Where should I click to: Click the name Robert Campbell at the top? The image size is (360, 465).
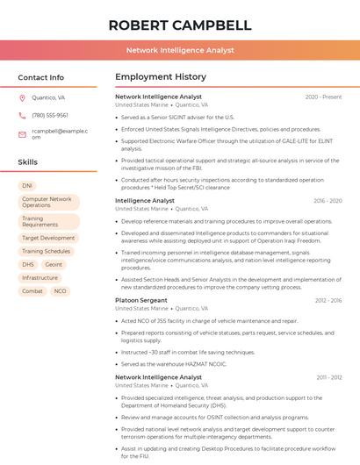tap(179, 25)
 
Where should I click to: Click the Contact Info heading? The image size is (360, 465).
tap(40, 77)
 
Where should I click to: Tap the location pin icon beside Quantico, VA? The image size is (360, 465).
tap(22, 97)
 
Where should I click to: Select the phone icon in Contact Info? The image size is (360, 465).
tap(22, 115)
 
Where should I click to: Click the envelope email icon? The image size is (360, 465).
tap(22, 133)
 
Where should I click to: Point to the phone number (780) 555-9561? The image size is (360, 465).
tap(49, 115)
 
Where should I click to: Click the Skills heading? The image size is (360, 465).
tap(28, 162)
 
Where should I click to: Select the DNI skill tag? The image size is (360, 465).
tap(27, 186)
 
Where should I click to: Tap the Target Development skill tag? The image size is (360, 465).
tap(48, 238)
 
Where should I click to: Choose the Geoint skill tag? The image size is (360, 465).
tap(54, 264)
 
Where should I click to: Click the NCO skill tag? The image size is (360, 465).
tap(60, 290)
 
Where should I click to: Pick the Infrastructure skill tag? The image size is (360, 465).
tap(40, 277)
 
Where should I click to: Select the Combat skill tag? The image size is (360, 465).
tap(32, 290)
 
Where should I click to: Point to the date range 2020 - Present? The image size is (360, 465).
tap(323, 97)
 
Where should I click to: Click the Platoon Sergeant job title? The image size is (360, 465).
tap(140, 300)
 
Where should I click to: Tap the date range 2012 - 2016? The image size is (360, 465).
tap(328, 300)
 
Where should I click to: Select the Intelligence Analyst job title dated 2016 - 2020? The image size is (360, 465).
tap(145, 200)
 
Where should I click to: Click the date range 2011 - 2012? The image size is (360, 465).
tap(328, 376)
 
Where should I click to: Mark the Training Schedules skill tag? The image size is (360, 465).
tap(46, 251)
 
